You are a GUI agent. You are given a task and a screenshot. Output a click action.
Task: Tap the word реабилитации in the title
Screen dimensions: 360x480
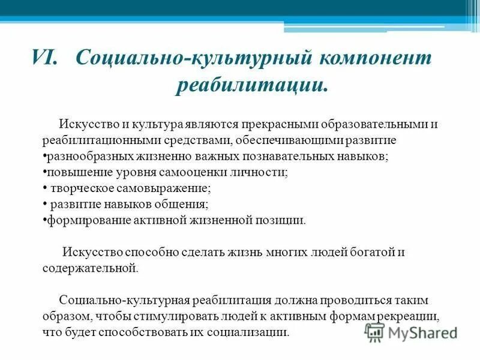pos(253,85)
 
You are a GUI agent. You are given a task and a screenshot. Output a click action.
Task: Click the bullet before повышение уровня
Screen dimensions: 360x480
pos(44,173)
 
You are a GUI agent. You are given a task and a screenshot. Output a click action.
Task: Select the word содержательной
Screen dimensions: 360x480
pos(90,268)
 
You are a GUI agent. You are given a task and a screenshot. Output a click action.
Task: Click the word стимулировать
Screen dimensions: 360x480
pos(164,316)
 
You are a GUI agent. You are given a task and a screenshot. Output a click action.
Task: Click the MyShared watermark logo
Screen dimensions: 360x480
pos(411,332)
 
